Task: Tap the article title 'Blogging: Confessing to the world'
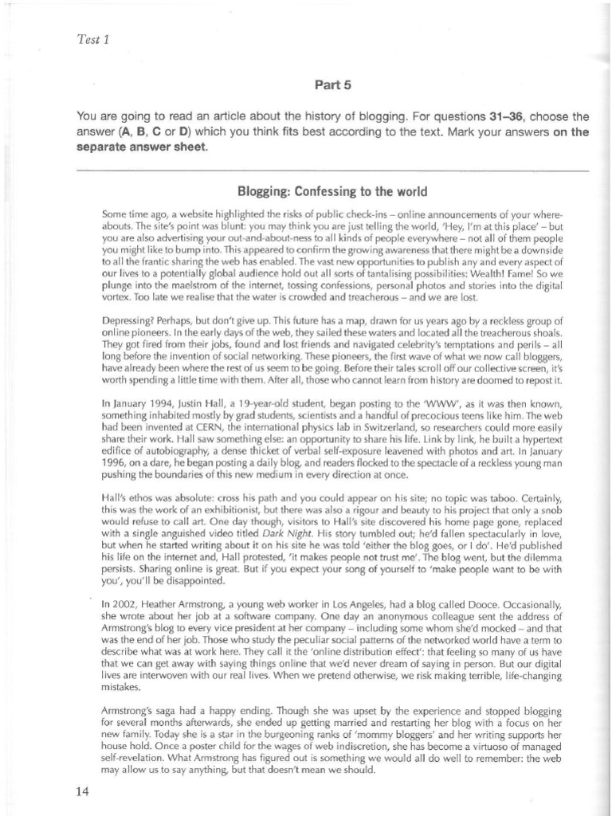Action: [333, 192]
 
